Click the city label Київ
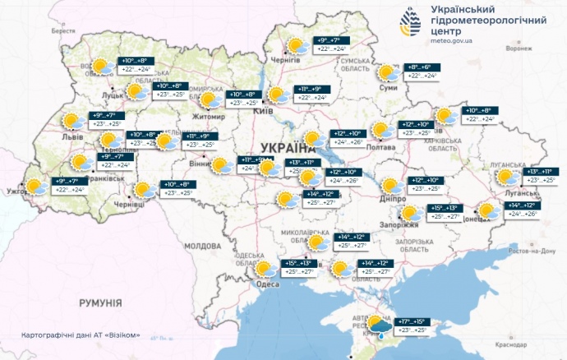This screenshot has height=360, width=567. [x=265, y=110]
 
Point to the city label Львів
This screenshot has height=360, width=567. [x=73, y=138]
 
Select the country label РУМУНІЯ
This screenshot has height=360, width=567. [x=100, y=303]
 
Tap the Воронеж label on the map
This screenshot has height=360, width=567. [x=519, y=48]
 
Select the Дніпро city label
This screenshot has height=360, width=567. [x=394, y=199]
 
